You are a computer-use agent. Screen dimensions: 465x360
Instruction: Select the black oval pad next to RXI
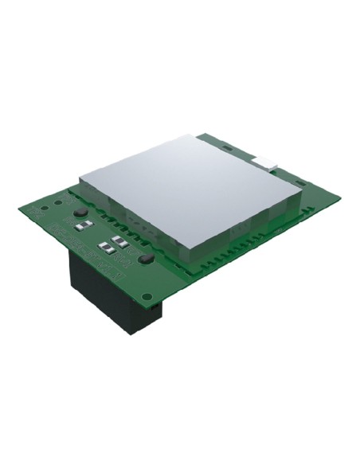tap(144, 259)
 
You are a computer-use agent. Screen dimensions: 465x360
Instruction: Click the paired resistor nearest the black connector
tap(106, 246)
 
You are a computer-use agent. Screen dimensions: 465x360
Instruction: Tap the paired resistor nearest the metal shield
tap(120, 239)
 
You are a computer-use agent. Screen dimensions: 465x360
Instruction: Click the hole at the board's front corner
tap(147, 296)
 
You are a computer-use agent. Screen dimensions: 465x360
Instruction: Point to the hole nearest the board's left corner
tap(37, 209)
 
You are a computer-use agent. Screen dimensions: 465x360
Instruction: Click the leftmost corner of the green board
tap(18, 209)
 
